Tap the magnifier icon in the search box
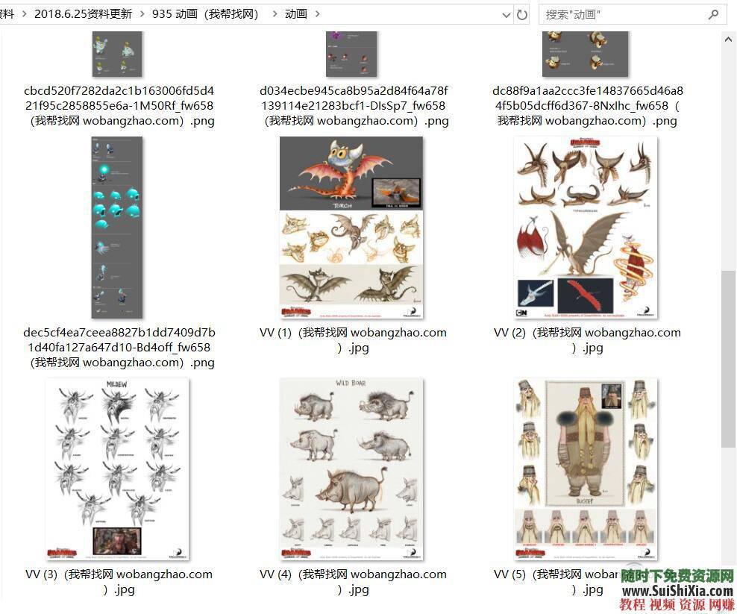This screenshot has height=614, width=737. click(x=714, y=14)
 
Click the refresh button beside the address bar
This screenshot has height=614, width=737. click(x=522, y=14)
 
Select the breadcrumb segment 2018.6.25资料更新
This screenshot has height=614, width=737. click(x=83, y=14)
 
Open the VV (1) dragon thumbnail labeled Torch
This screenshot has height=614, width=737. click(x=351, y=227)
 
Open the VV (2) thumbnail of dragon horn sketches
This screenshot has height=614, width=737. click(x=585, y=227)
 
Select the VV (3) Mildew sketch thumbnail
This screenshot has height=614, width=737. click(x=117, y=469)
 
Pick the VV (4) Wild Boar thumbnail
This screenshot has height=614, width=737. click(x=351, y=469)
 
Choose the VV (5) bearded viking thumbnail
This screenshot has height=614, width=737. click(x=585, y=469)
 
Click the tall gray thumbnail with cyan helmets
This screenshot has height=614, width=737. click(x=116, y=227)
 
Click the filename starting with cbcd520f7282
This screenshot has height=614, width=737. click(x=119, y=105)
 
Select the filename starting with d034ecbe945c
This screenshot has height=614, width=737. click(x=354, y=105)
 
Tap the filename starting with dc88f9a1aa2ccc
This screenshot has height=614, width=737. click(x=587, y=105)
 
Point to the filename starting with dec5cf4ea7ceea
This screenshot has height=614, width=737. click(x=119, y=347)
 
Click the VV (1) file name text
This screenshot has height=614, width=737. click(x=353, y=339)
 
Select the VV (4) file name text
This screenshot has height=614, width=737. click(x=353, y=581)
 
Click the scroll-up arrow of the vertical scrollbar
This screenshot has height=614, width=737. click(x=728, y=39)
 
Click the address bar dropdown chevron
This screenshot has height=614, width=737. click(x=507, y=14)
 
